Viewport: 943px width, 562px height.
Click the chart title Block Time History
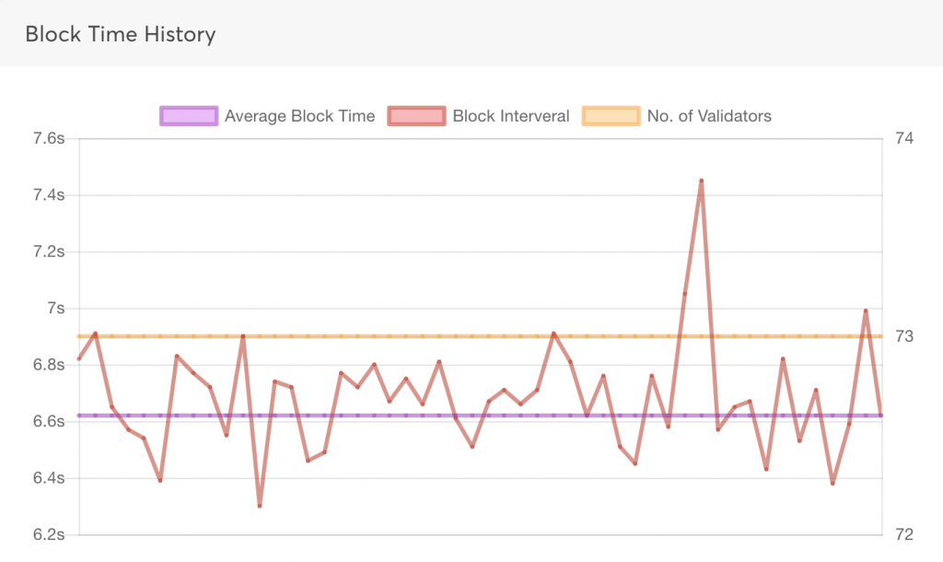point(120,35)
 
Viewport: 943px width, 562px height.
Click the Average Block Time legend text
point(299,116)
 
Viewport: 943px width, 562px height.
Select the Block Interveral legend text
point(511,116)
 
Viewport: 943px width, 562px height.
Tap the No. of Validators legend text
point(709,116)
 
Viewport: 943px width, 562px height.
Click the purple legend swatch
point(189,116)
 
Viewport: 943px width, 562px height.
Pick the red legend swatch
point(416,116)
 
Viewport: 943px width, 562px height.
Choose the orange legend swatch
point(611,116)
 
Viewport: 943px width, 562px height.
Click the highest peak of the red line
point(701,181)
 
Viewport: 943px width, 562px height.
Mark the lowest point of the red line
point(260,506)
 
